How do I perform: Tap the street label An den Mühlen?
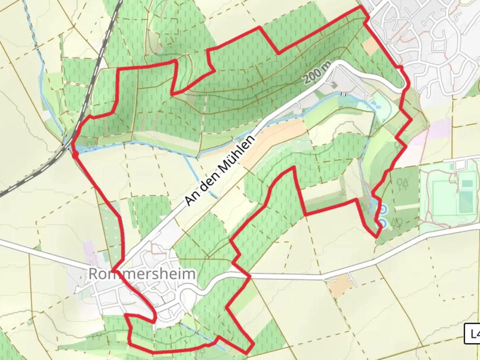(220, 170)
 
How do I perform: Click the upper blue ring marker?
(383, 209)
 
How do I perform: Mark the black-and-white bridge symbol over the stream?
(343, 94)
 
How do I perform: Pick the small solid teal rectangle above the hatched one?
(467, 183)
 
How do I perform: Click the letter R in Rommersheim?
(93, 274)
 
